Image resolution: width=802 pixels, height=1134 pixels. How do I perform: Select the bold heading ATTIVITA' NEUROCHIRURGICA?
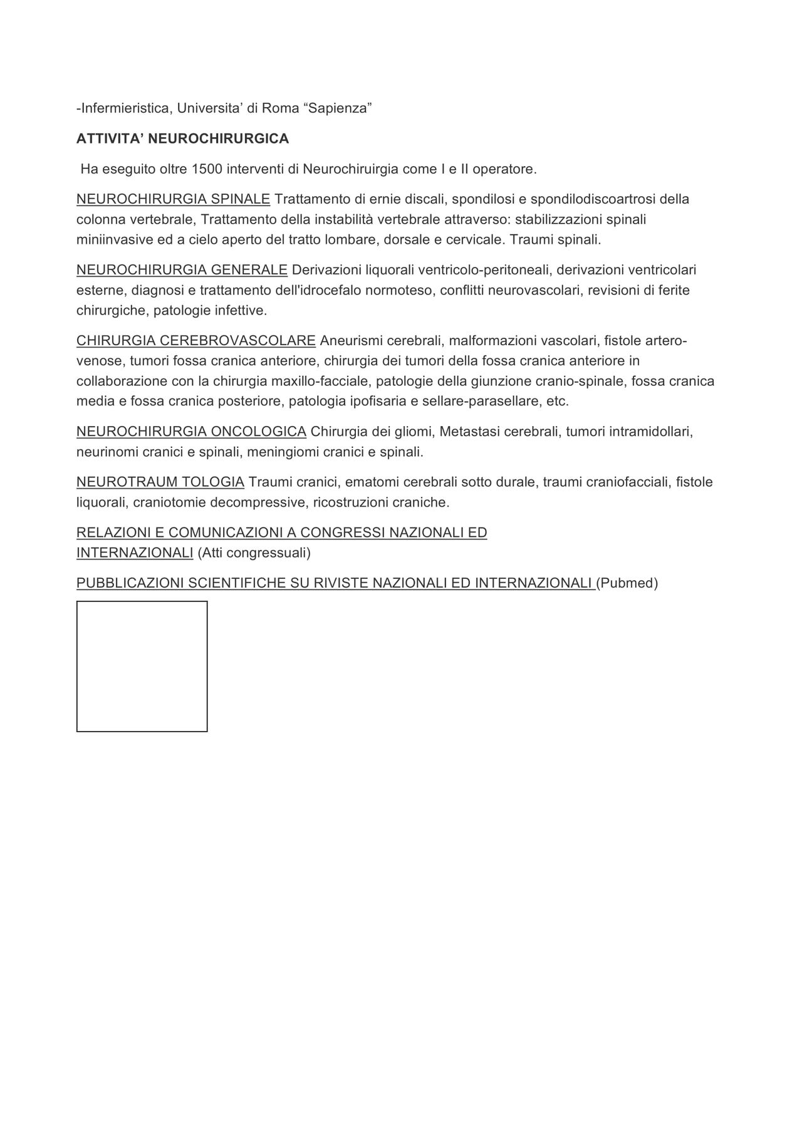182,139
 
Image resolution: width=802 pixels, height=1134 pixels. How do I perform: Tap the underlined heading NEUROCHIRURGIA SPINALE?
173,199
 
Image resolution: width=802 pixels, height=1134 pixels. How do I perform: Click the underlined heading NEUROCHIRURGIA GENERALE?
182,270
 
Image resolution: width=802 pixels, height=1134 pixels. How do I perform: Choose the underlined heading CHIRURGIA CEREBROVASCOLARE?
195,341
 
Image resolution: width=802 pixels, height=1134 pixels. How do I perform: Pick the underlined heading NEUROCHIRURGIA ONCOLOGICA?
191,432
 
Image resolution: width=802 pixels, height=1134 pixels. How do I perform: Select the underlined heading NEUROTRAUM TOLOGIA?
160,482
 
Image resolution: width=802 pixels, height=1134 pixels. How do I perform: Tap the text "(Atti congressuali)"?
254,553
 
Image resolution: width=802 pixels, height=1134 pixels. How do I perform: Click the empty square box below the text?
142,666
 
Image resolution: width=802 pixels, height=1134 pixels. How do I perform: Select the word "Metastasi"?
470,432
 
